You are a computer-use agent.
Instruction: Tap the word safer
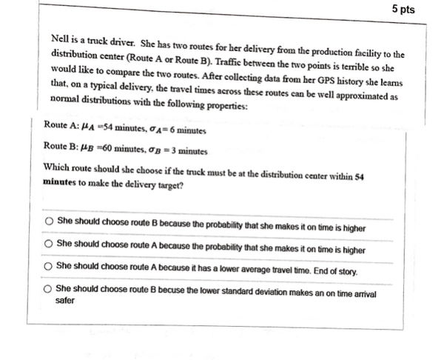pyautogui.click(x=65, y=301)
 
